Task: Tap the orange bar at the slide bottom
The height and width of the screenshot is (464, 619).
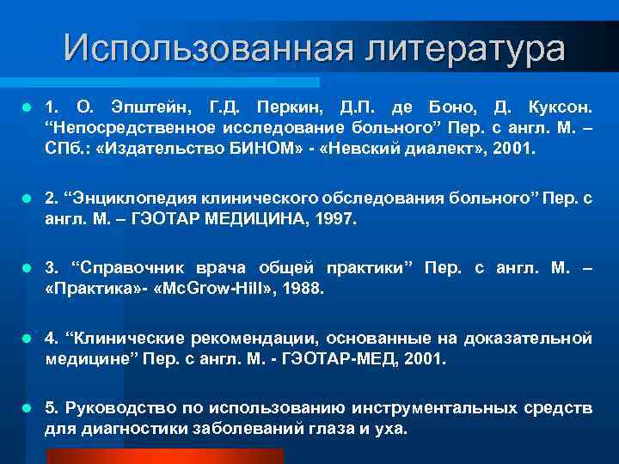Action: click(x=164, y=456)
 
